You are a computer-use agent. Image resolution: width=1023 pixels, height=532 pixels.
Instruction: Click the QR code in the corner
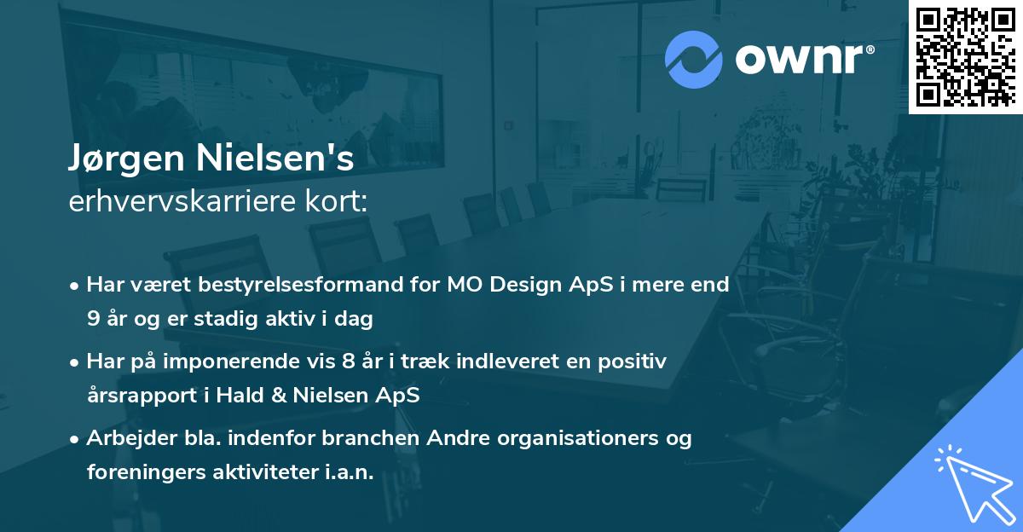click(965, 57)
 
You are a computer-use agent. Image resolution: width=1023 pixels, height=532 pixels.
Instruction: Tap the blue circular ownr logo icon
click(693, 60)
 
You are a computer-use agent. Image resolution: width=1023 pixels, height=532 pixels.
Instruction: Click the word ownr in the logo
click(800, 59)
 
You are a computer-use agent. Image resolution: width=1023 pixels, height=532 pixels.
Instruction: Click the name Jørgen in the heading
click(126, 159)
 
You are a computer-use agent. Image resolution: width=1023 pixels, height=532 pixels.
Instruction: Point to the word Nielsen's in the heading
click(275, 158)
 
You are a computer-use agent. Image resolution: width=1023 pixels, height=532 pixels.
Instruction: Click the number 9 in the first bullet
click(93, 319)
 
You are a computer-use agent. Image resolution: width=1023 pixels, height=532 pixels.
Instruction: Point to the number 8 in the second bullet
click(348, 361)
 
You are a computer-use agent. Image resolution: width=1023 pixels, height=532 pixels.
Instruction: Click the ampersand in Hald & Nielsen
click(279, 395)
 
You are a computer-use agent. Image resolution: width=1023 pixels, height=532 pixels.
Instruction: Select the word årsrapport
click(142, 396)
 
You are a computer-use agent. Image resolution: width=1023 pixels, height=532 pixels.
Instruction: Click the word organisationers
click(578, 438)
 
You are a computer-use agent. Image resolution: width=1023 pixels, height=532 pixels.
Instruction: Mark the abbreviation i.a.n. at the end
click(350, 471)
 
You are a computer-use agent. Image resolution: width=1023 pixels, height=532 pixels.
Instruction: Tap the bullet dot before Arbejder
click(74, 439)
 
